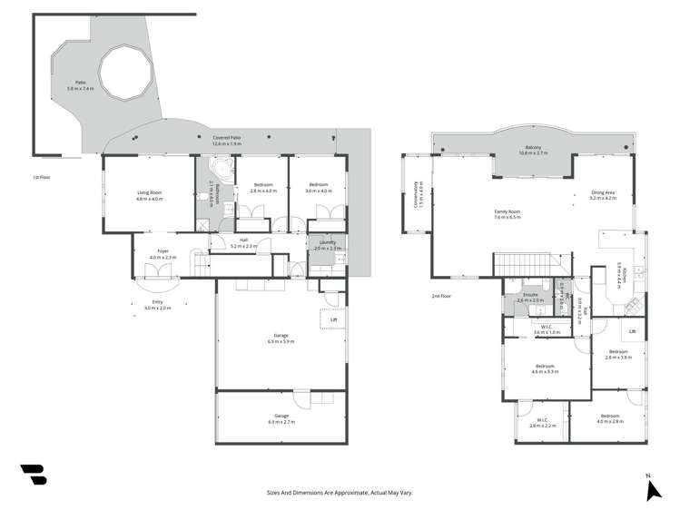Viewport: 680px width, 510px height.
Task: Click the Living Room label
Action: [x=149, y=191]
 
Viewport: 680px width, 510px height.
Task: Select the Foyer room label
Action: [x=163, y=250]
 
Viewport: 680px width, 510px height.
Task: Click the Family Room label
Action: [x=506, y=211]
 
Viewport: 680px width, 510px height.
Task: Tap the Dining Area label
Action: [x=603, y=192]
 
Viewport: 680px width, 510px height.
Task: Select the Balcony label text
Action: [x=533, y=149]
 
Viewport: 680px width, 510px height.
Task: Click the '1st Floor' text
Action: [x=39, y=177]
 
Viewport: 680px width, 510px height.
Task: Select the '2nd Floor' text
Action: [x=442, y=296]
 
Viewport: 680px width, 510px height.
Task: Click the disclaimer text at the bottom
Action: [x=340, y=492]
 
